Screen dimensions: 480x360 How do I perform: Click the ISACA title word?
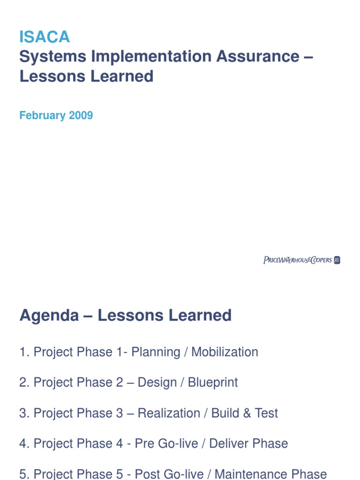coord(45,37)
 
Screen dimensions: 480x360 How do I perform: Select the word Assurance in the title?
coord(257,57)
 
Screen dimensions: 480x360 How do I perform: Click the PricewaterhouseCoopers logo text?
coord(298,260)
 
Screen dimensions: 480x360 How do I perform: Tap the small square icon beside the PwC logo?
coord(337,260)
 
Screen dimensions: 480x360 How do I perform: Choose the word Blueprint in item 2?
coord(213,382)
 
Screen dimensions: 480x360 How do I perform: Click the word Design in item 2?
coord(158,382)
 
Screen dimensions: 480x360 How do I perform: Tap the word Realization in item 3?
coord(169,413)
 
